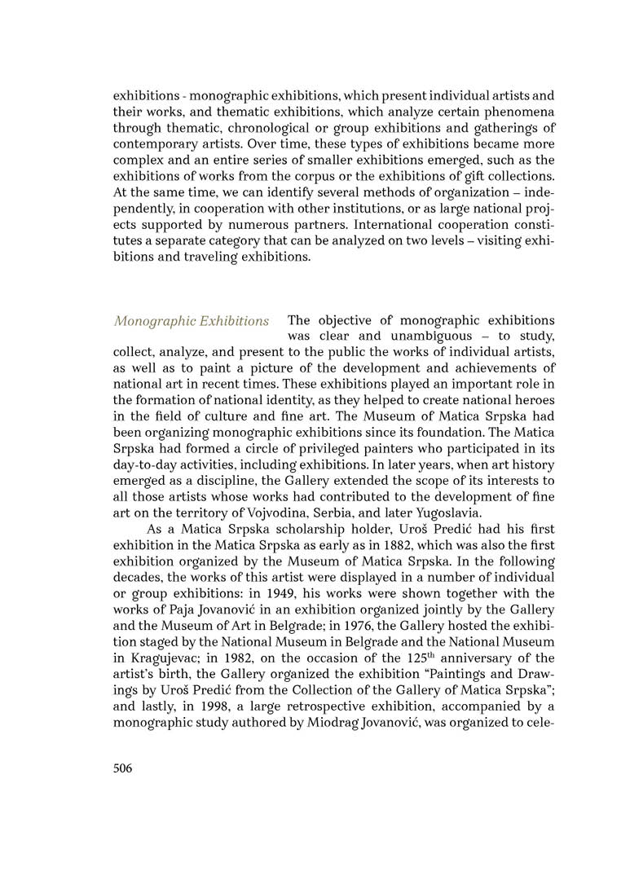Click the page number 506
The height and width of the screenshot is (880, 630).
pyautogui.click(x=123, y=768)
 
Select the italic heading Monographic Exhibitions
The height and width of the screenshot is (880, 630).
pyautogui.click(x=192, y=320)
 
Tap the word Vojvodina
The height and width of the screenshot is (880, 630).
pyautogui.click(x=317, y=513)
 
